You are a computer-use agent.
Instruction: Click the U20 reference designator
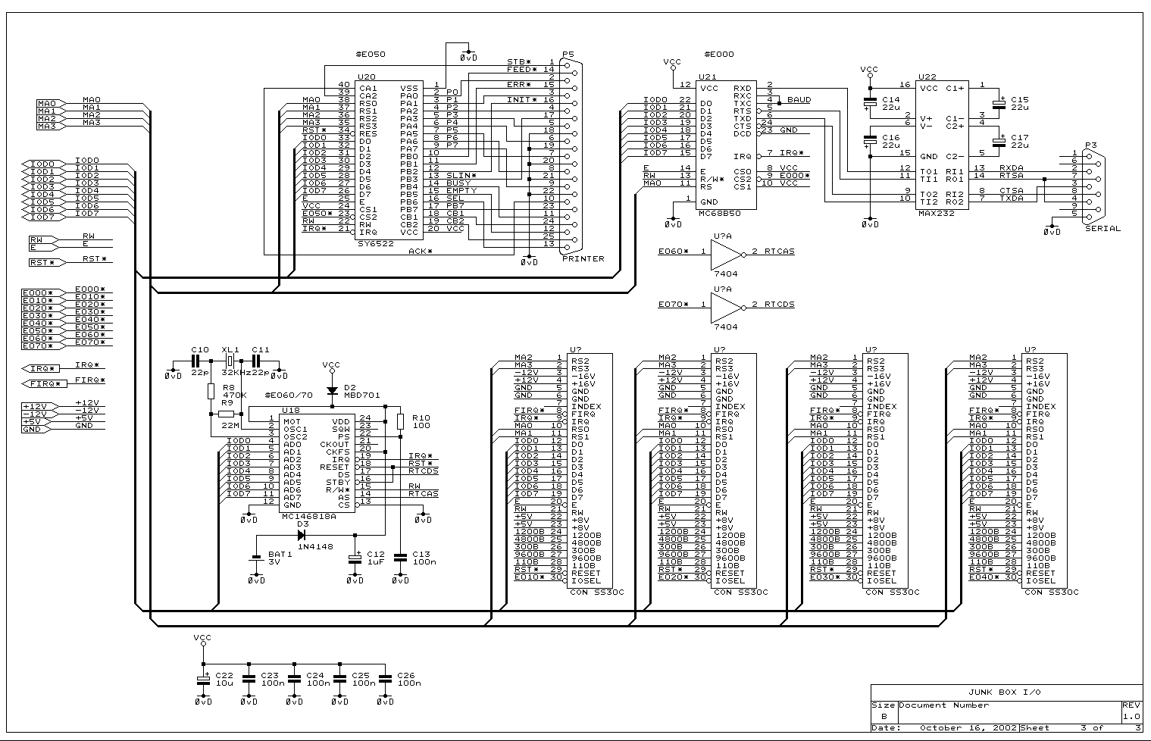tap(366, 77)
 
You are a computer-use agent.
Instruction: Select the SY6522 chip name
tap(376, 244)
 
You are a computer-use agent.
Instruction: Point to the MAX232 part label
tap(937, 214)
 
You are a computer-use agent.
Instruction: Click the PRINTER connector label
tap(583, 258)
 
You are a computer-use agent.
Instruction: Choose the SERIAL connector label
tap(1103, 228)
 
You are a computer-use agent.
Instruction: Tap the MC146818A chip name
tap(308, 516)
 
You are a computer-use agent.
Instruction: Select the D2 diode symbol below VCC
tap(331, 391)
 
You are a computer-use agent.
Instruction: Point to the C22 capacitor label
tap(225, 674)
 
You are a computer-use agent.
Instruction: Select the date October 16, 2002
tap(957, 728)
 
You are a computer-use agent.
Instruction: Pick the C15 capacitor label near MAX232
tap(1019, 99)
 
